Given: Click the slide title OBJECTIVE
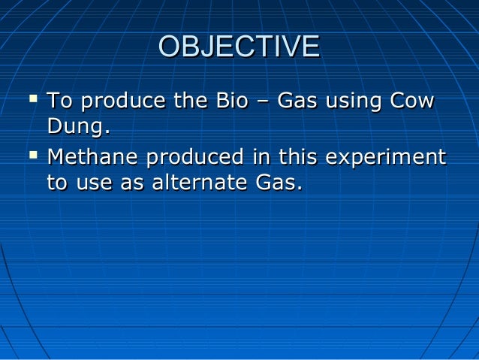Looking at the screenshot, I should point(239,47).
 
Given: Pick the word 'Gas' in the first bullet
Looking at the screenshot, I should point(297,101).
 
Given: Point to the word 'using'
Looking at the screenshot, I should point(355,102).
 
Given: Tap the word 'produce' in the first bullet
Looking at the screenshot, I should point(121,101).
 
